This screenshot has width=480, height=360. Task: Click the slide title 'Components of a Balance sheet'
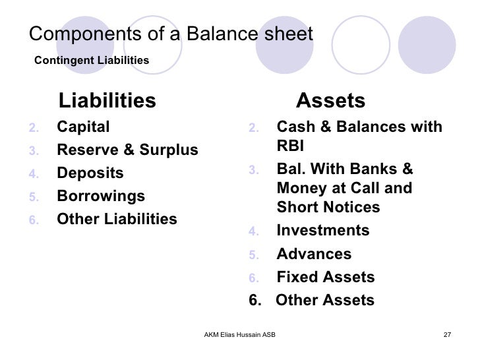pyautogui.click(x=172, y=34)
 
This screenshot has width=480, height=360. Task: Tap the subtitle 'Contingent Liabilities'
pyautogui.click(x=92, y=61)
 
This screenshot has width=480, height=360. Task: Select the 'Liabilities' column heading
pyautogui.click(x=107, y=101)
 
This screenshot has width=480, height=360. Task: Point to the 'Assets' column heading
pyautogui.click(x=330, y=101)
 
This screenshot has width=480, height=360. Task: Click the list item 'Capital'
pyautogui.click(x=84, y=127)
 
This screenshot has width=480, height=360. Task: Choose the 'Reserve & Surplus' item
pyautogui.click(x=127, y=150)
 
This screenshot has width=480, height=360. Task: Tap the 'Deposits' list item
pyautogui.click(x=90, y=173)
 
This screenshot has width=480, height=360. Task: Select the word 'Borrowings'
pyautogui.click(x=101, y=196)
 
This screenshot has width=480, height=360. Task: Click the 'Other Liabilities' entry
pyautogui.click(x=117, y=220)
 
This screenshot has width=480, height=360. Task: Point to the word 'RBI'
pyautogui.click(x=290, y=146)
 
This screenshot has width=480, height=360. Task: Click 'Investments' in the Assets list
pyautogui.click(x=323, y=231)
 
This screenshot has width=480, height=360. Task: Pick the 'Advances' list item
pyautogui.click(x=314, y=255)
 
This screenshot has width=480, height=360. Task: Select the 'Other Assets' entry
pyautogui.click(x=324, y=300)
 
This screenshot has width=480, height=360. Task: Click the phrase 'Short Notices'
pyautogui.click(x=328, y=207)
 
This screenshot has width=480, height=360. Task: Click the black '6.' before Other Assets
pyautogui.click(x=255, y=300)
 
